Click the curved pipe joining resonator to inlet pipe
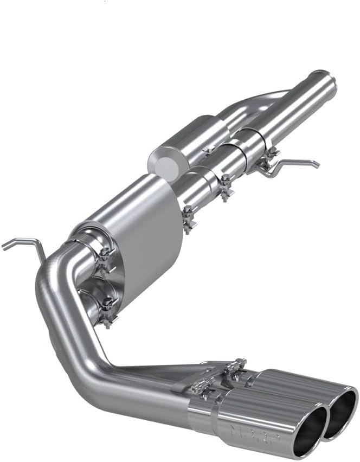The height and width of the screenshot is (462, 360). [244, 108]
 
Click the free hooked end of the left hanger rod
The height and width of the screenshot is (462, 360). [4, 247]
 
